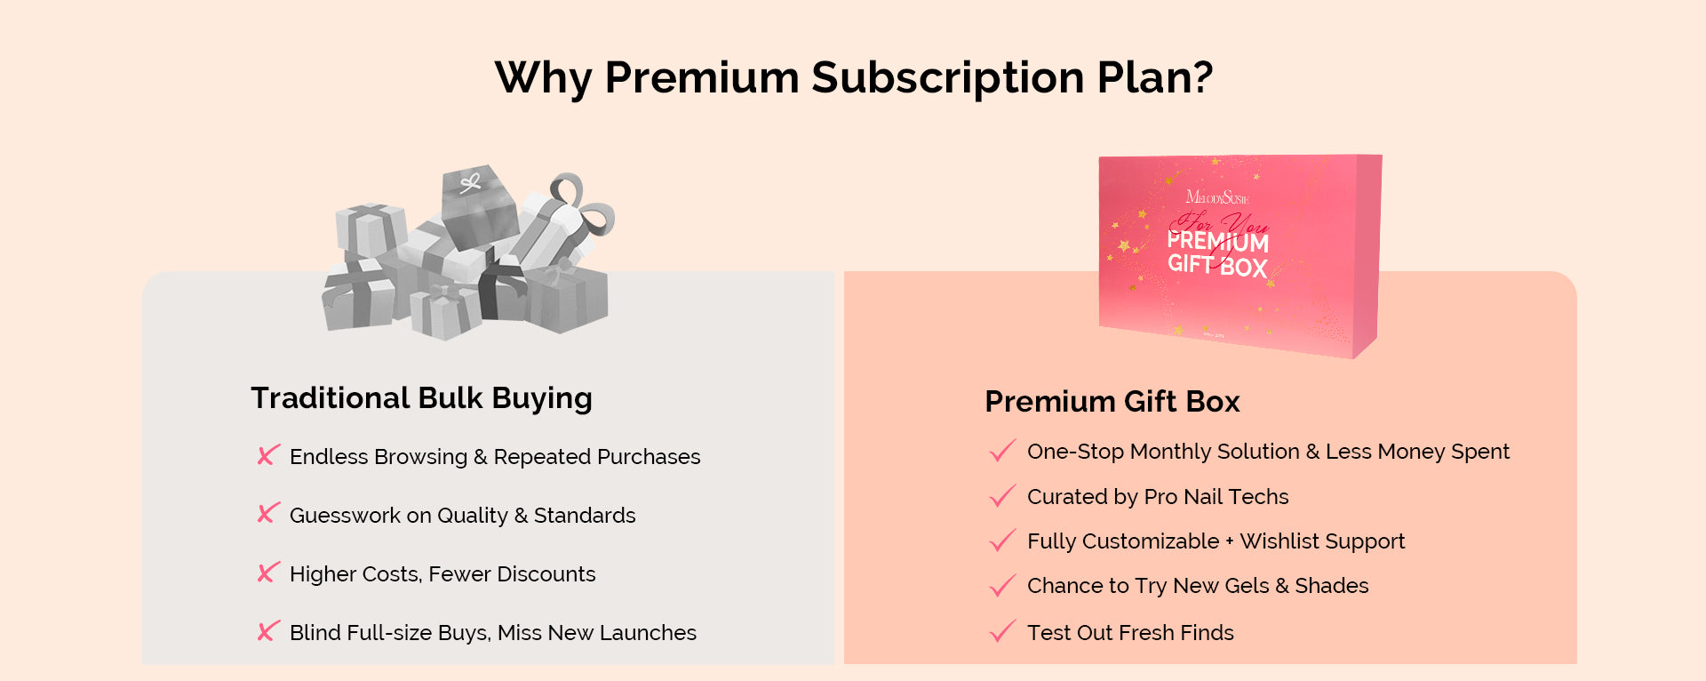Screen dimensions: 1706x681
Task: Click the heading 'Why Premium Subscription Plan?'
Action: point(854,78)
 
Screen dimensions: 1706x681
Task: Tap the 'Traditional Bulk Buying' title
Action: point(421,398)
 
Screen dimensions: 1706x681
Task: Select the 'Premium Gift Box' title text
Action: point(1112,402)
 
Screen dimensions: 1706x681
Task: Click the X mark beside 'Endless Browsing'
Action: point(268,455)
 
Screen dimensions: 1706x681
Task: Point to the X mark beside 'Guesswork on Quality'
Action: point(268,514)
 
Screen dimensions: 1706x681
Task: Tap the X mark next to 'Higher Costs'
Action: point(268,573)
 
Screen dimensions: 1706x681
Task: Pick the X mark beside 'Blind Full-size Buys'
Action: point(268,631)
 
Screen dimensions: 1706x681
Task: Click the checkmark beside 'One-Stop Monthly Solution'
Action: point(1002,451)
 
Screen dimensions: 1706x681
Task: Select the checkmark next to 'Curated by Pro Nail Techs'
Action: point(1002,496)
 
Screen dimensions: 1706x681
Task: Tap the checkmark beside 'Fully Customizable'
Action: point(1002,541)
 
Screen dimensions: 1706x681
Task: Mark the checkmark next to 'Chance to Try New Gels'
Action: point(1002,585)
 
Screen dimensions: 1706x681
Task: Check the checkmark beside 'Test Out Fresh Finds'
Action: point(1002,631)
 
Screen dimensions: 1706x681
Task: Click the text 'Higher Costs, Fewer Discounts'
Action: point(442,574)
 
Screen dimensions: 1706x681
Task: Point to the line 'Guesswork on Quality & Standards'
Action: point(463,516)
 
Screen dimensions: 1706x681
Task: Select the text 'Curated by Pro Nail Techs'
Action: point(1158,497)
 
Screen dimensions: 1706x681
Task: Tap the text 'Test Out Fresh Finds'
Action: point(1130,633)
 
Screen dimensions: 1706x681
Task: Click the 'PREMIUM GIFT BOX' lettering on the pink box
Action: point(1218,253)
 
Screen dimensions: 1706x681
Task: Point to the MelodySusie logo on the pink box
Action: point(1216,196)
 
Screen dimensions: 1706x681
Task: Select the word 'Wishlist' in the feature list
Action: point(1279,541)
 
